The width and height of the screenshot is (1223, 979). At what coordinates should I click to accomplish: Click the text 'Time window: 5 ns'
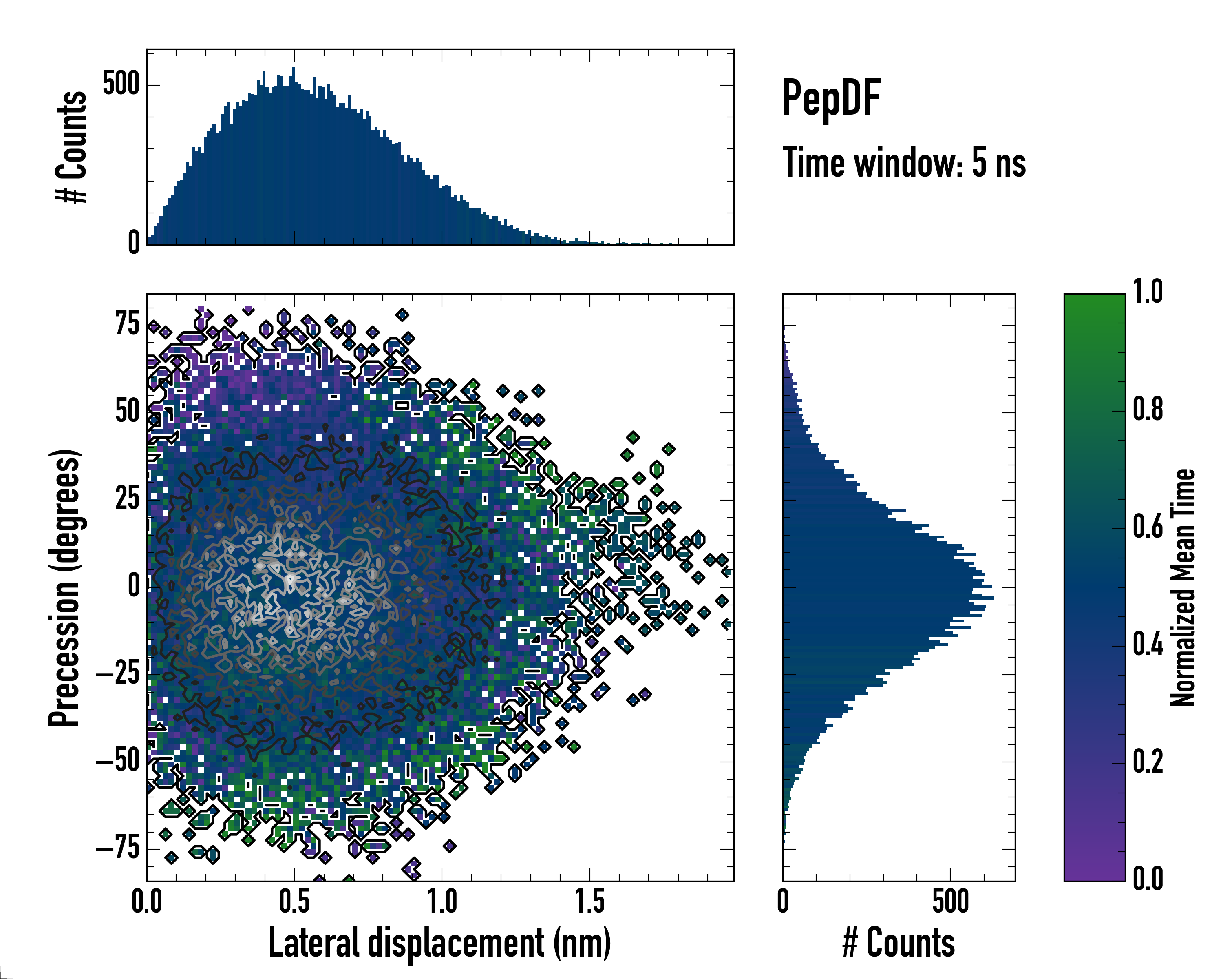coord(904,163)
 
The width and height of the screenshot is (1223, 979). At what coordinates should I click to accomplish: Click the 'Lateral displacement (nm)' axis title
coord(439,943)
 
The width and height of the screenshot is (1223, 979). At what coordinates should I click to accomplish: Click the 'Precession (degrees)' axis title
coord(64,587)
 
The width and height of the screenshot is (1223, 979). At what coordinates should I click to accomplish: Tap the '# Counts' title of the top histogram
coord(71,147)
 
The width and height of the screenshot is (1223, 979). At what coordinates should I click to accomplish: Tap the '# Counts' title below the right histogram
coord(898,943)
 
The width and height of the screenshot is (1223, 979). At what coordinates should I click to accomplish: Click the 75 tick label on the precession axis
coord(127,325)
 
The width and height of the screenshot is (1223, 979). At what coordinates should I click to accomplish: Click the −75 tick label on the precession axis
coord(118,848)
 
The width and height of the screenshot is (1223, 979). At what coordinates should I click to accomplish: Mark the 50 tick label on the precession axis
coord(127,412)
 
